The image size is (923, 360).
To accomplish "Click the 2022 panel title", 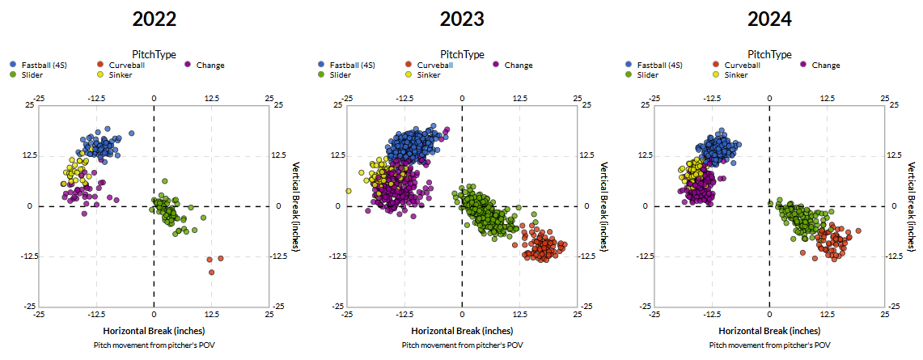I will (154, 19).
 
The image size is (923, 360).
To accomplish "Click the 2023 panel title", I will (462, 19).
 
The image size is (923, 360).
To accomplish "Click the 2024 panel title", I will (769, 19).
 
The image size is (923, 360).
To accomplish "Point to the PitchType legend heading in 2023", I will (462, 54).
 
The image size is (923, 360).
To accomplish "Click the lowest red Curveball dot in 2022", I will (212, 273).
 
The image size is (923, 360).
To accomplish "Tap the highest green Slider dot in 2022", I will (164, 181).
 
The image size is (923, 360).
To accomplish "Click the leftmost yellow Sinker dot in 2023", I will (349, 191).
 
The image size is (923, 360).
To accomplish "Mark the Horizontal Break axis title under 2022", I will (154, 331).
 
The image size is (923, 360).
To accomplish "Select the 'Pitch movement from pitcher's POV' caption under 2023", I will (462, 345).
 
